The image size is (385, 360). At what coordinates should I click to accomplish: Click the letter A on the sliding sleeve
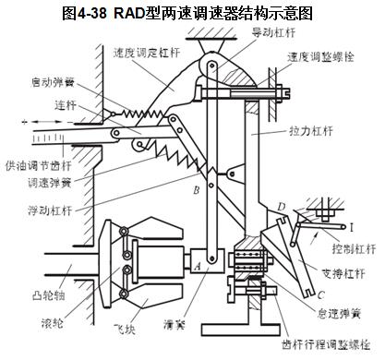coord(198,266)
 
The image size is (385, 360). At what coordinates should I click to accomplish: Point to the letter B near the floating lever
coord(197,190)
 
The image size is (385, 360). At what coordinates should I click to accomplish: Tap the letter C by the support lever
coord(320,295)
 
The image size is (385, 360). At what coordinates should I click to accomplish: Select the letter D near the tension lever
coord(282,207)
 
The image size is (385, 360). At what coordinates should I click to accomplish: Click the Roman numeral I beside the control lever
coord(352,228)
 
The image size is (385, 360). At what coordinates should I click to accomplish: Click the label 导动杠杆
coord(274,32)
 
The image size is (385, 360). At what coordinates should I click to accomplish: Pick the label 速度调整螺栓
coord(321,57)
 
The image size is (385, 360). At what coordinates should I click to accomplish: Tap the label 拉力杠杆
coord(311,131)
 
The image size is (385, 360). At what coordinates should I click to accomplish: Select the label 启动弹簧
coord(53,82)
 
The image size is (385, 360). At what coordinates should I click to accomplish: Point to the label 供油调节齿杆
coord(39,166)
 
